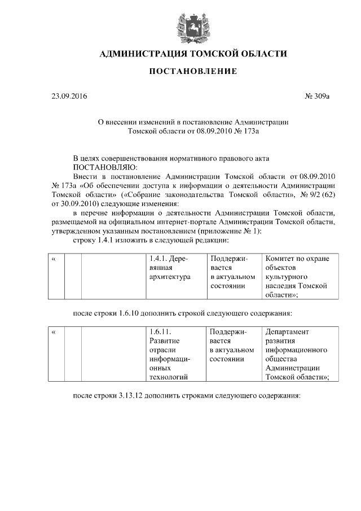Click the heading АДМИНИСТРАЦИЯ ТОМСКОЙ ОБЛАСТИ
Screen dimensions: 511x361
point(193,54)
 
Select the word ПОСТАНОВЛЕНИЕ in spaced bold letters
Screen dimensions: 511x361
point(193,72)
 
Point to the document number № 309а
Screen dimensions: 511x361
point(316,97)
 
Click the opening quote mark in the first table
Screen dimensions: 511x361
point(54,259)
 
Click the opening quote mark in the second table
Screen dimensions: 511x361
point(54,332)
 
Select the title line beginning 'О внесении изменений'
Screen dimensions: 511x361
point(193,122)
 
